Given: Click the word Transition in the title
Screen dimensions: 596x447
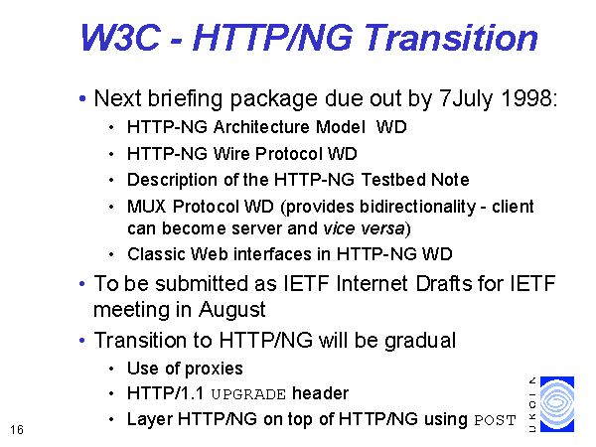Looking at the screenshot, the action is point(452,38).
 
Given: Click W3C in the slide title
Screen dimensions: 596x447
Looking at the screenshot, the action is point(120,38).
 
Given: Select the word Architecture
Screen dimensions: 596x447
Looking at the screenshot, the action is point(262,127).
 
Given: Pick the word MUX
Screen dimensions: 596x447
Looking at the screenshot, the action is point(147,207).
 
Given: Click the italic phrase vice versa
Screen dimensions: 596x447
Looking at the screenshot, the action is point(364,228).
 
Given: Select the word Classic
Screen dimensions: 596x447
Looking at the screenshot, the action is point(156,254).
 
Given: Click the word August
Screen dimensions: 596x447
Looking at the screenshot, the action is point(231,310).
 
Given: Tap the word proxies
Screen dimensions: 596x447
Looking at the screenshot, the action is point(214,369).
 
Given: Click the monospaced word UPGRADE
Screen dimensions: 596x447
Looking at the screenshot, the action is point(248,394).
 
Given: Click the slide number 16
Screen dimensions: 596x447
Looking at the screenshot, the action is point(17,430).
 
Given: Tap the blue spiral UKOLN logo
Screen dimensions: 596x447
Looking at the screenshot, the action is point(557,404).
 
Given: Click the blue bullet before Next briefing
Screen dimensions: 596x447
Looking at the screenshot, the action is point(82,98).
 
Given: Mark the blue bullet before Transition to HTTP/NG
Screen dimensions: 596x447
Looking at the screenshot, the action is point(82,341).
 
